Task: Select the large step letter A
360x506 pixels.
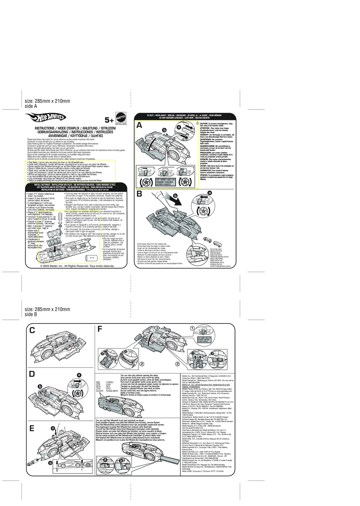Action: point(140,126)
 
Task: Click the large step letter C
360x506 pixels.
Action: point(32,330)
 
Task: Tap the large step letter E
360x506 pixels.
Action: point(32,429)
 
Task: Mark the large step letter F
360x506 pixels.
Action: point(100,329)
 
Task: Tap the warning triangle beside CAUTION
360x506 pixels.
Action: point(198,124)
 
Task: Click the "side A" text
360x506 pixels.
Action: point(31,106)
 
